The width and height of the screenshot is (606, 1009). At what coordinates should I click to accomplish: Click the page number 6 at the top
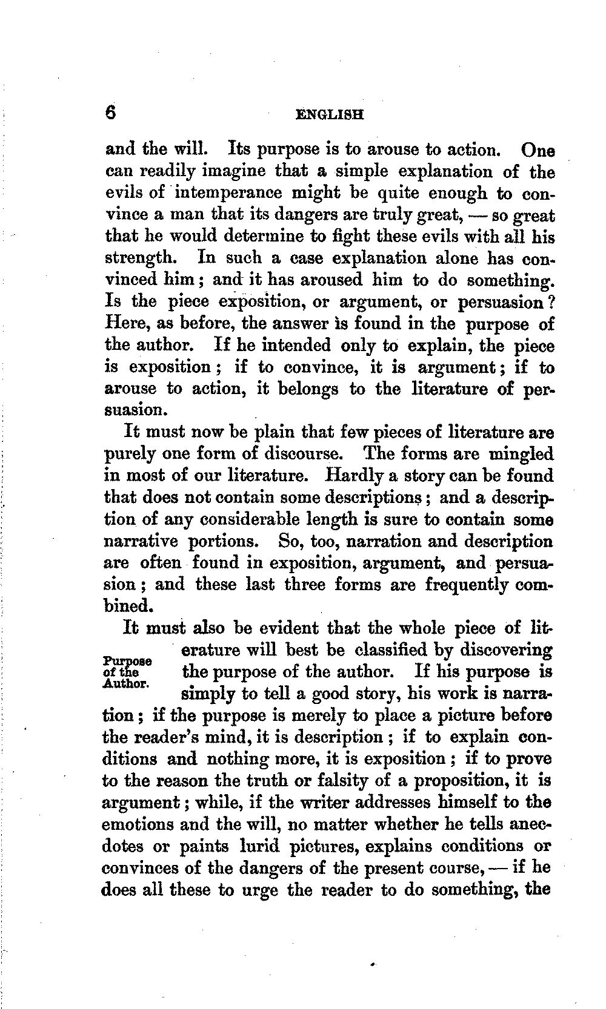(110, 113)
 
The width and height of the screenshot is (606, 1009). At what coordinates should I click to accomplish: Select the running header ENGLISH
(329, 114)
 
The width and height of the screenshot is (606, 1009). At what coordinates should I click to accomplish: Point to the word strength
(141, 258)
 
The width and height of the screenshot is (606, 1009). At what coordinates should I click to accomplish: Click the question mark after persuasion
(551, 301)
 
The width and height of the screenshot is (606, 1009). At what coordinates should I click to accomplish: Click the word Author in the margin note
(125, 683)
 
